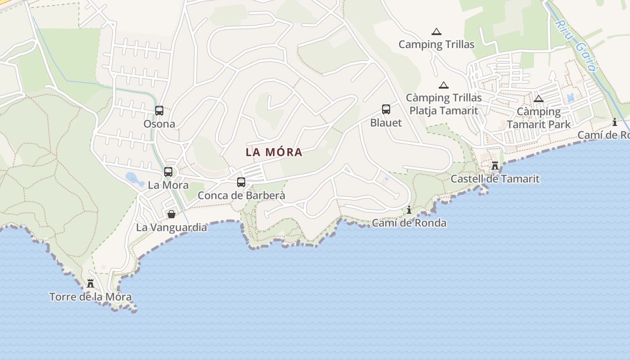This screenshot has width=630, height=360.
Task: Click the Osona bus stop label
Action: click(x=159, y=124)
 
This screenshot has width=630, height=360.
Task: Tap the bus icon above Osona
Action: click(x=159, y=110)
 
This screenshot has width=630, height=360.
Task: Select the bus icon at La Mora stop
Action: click(x=168, y=171)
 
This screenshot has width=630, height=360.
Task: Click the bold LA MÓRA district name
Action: click(x=274, y=152)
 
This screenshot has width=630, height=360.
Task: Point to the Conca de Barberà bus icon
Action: click(x=241, y=182)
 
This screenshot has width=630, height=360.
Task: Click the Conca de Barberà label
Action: click(x=241, y=195)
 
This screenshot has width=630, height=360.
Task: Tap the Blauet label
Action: click(x=386, y=122)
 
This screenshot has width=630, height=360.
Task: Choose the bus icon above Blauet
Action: click(x=386, y=109)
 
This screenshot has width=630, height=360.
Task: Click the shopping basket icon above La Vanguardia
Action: click(x=171, y=214)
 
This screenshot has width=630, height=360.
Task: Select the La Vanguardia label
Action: click(x=171, y=227)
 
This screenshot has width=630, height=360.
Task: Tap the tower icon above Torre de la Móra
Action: click(x=90, y=283)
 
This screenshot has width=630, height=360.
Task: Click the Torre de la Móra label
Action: click(x=90, y=297)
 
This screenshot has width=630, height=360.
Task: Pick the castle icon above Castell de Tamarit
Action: click(x=495, y=165)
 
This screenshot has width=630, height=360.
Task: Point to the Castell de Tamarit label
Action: click(x=495, y=179)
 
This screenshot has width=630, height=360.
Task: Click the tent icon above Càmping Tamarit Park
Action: click(x=538, y=99)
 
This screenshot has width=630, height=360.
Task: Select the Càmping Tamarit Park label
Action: click(x=539, y=118)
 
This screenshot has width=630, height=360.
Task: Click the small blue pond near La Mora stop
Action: click(x=134, y=178)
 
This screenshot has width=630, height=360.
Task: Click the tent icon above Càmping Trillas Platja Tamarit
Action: click(x=444, y=85)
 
